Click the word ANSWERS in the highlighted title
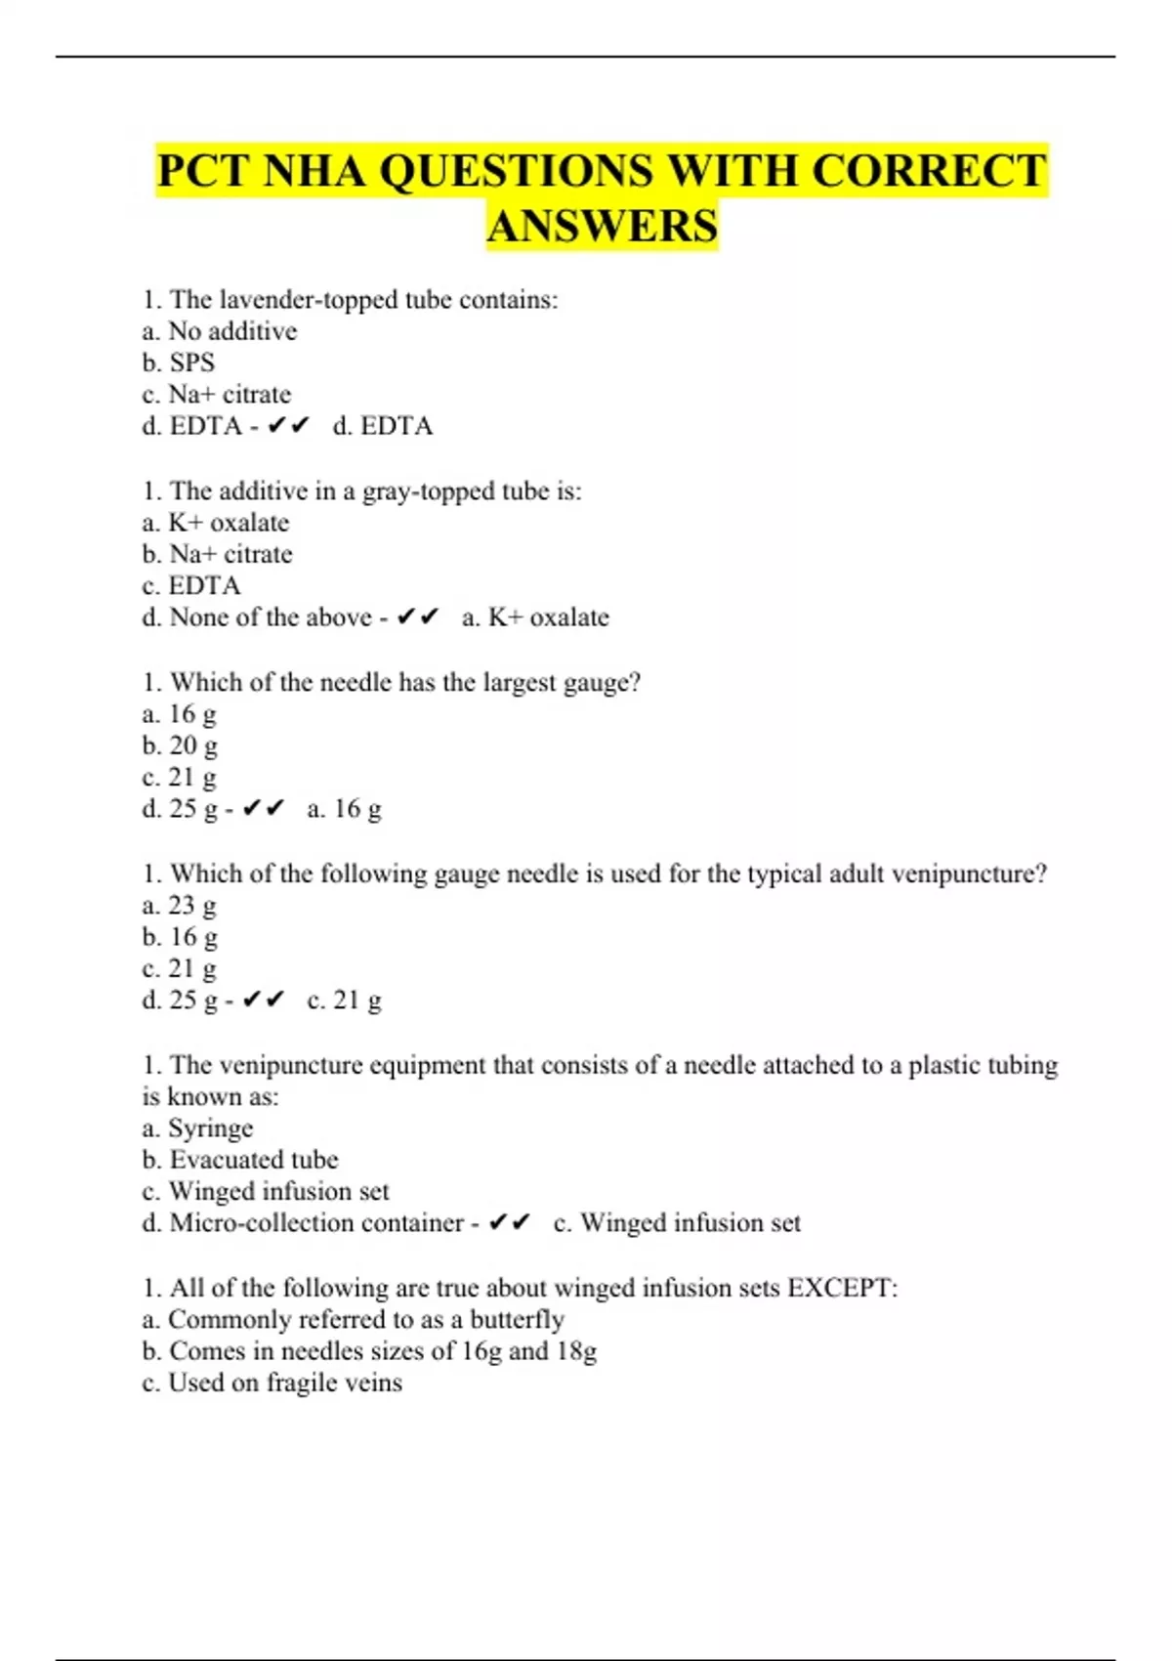[x=602, y=226]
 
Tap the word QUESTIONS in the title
[x=516, y=171]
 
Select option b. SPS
[x=178, y=362]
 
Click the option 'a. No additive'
[x=219, y=331]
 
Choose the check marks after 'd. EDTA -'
[x=288, y=426]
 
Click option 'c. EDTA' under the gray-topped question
[x=190, y=585]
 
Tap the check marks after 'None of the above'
[x=418, y=618]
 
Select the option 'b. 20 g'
[x=180, y=745]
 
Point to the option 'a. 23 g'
[x=180, y=905]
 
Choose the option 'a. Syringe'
[x=197, y=1129]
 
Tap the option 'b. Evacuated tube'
[x=239, y=1160]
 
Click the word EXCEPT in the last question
[x=841, y=1288]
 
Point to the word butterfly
[x=517, y=1320]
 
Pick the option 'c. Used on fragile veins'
[x=272, y=1383]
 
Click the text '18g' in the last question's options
[x=576, y=1351]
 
